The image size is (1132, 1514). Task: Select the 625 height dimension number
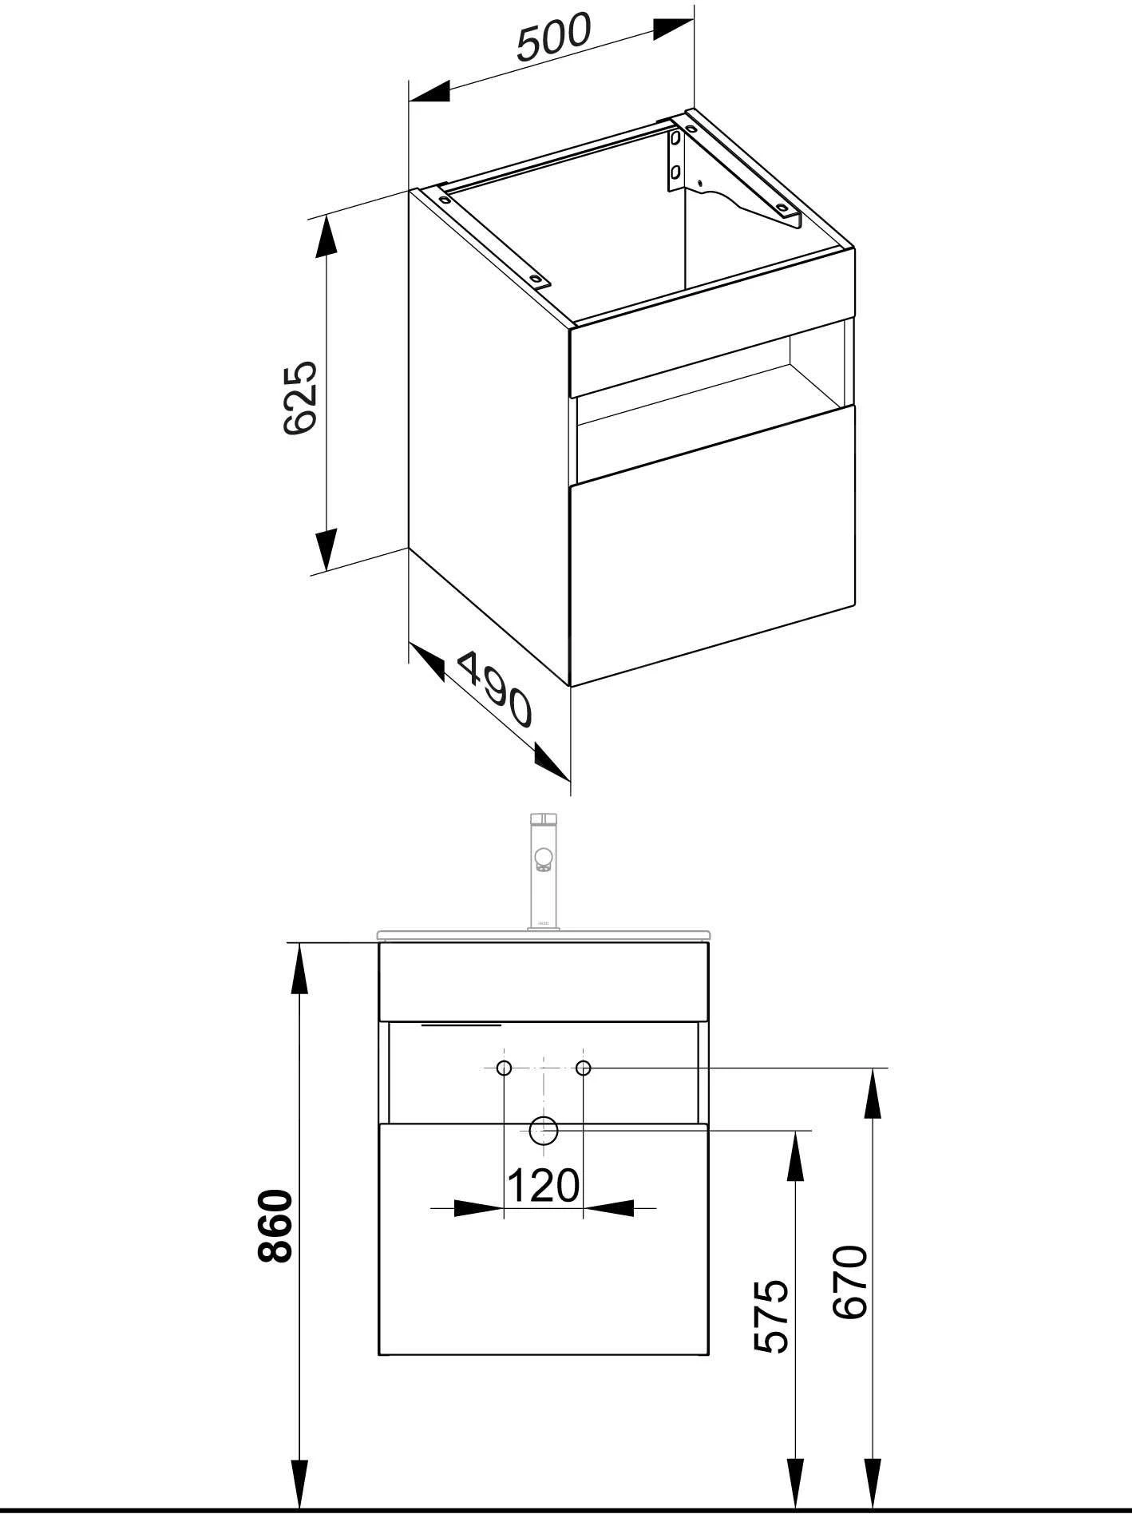tap(302, 397)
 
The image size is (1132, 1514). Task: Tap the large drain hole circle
tap(544, 1130)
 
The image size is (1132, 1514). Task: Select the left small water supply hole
tap(504, 1068)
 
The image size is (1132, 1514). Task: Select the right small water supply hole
tap(584, 1068)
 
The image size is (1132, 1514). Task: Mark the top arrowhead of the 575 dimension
tap(795, 1154)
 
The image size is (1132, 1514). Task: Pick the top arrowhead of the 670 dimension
tap(872, 1091)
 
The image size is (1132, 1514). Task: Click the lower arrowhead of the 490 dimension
tap(551, 763)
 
